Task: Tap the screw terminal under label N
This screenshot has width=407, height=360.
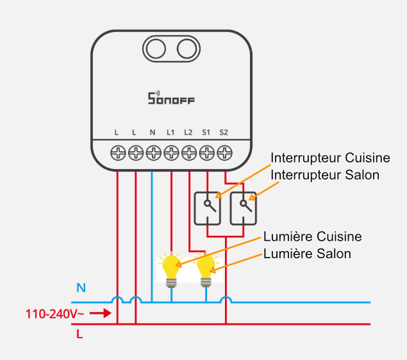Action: point(153,152)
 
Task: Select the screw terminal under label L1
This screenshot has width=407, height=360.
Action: point(171,152)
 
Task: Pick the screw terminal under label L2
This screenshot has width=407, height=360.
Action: point(189,152)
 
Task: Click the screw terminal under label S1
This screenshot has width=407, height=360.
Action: point(207,152)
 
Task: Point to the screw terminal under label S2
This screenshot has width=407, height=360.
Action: point(224,152)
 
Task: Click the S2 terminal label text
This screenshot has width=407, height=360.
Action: point(224,133)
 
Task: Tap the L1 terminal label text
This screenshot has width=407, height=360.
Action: point(170,133)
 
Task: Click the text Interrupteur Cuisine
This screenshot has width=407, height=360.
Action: point(330,158)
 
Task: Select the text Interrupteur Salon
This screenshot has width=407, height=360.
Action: point(325,174)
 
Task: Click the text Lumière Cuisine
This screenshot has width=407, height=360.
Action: point(313,237)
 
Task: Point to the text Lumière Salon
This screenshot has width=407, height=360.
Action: point(308,254)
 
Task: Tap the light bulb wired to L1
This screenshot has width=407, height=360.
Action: point(171,269)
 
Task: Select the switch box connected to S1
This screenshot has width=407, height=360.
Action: point(207,207)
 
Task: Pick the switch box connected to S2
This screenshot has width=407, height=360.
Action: point(243,207)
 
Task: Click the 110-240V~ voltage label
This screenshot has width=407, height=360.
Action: point(52,314)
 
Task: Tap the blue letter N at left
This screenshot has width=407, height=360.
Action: point(81,287)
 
